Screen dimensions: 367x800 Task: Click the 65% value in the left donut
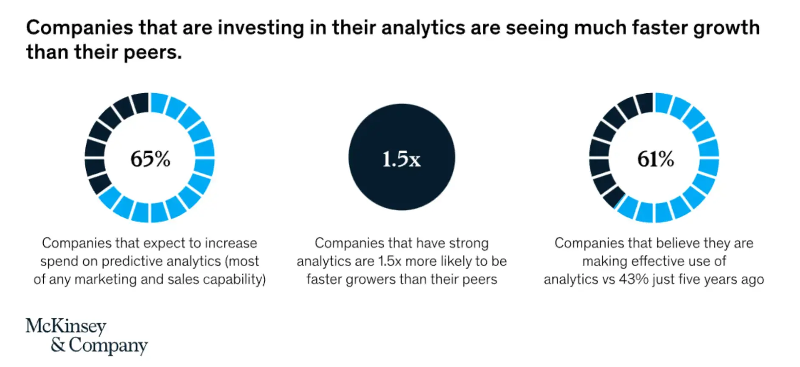(150, 159)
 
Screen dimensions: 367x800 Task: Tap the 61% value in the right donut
(655, 159)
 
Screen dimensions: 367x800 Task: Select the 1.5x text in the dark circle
(401, 159)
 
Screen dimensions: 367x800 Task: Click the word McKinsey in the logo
(66, 326)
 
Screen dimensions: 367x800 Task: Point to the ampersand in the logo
(58, 345)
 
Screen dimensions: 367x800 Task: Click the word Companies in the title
(79, 28)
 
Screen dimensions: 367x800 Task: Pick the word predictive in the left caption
(132, 261)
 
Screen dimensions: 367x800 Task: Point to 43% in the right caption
(634, 280)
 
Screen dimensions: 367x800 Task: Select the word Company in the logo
(108, 346)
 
